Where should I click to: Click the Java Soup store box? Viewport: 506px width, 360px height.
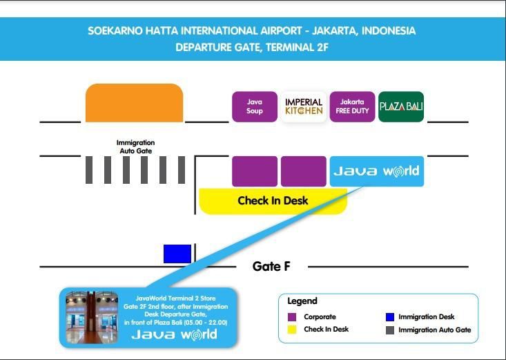[255, 106]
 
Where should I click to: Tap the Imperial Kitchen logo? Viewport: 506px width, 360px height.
[304, 106]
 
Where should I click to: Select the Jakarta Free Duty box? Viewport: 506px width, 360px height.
[352, 106]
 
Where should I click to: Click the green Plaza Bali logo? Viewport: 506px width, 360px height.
[401, 106]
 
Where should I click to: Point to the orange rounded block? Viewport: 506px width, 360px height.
[134, 103]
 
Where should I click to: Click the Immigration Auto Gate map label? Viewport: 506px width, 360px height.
[135, 146]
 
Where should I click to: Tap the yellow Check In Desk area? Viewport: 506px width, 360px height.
[273, 201]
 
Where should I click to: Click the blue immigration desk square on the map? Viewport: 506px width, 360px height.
[177, 254]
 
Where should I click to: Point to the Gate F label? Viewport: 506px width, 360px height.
[271, 267]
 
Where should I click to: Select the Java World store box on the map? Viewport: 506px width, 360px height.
[377, 171]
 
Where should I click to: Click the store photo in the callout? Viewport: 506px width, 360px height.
[92, 317]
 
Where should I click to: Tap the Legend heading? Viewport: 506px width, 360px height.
[302, 301]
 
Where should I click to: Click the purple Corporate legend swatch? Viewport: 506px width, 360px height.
[292, 317]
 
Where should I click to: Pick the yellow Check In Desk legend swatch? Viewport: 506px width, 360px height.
[292, 330]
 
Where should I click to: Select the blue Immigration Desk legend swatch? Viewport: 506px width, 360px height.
[390, 317]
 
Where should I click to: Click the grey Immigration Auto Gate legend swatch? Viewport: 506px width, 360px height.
[390, 330]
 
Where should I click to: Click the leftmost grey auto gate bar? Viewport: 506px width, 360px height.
[89, 170]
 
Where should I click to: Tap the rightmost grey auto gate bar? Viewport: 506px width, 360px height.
[182, 170]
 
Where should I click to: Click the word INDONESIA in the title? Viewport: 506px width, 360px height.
[389, 30]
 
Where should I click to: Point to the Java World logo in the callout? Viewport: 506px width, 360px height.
[174, 335]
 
